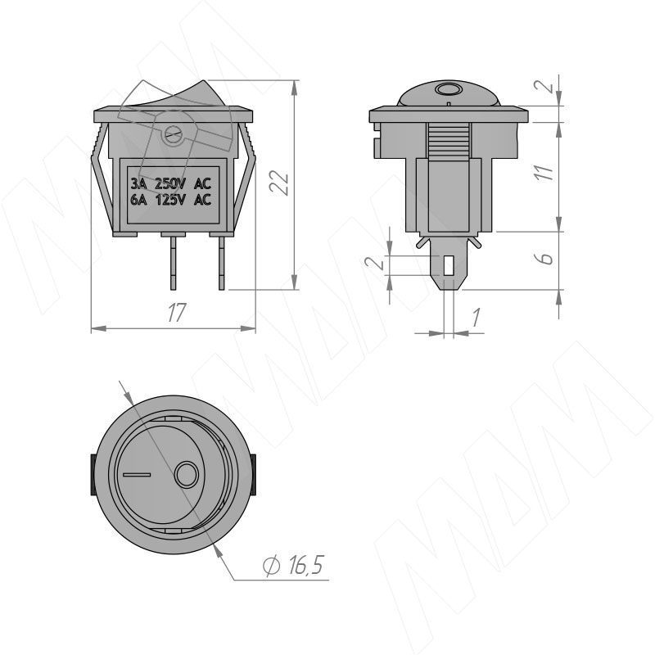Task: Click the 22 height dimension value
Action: pos(279,183)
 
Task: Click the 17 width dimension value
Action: pos(176,312)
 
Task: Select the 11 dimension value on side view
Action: pos(544,172)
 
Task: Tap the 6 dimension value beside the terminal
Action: pos(544,258)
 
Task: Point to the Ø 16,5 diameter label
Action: pos(294,565)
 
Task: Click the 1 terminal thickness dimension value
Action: pos(476,317)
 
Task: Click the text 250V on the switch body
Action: pos(169,183)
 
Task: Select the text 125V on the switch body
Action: pos(170,200)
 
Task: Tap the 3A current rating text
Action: pos(138,183)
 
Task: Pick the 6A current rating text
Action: pos(138,200)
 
